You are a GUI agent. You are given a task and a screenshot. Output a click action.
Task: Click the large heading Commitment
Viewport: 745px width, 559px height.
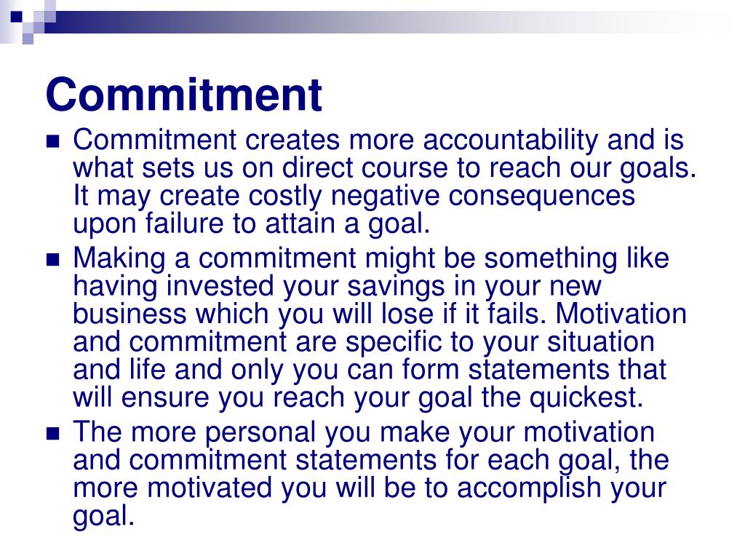point(183,95)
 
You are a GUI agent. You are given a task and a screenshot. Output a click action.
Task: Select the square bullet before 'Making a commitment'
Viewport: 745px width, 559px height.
point(52,260)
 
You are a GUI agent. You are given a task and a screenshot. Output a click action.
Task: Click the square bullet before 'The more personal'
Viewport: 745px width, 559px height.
point(52,434)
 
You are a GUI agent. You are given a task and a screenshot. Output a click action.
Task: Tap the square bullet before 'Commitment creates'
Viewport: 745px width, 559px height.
point(52,141)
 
